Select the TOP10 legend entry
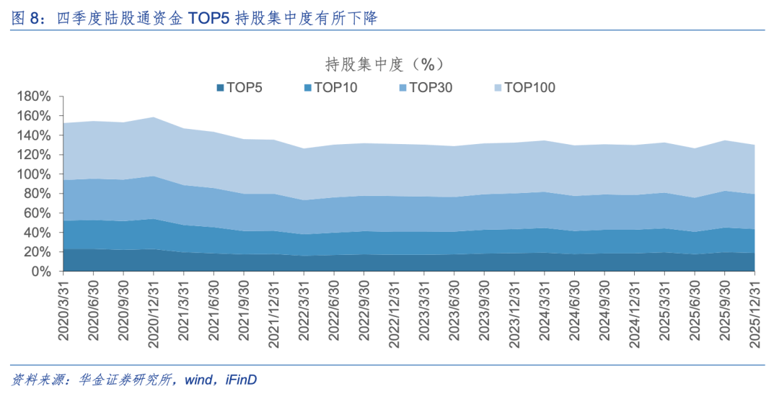pyautogui.click(x=330, y=88)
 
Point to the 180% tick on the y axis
pyautogui.click(x=33, y=97)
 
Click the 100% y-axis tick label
pyautogui.click(x=33, y=174)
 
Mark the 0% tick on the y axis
pyautogui.click(x=40, y=272)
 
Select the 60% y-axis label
pyautogui.click(x=36, y=213)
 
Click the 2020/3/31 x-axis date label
pyautogui.click(x=63, y=307)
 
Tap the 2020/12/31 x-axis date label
pyautogui.click(x=154, y=310)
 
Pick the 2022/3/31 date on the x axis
pyautogui.click(x=304, y=307)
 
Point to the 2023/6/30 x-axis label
pyautogui.click(x=454, y=307)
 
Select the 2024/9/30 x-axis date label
pyautogui.click(x=604, y=307)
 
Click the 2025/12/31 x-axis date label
pyautogui.click(x=755, y=310)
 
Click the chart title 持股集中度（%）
pyautogui.click(x=383, y=64)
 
